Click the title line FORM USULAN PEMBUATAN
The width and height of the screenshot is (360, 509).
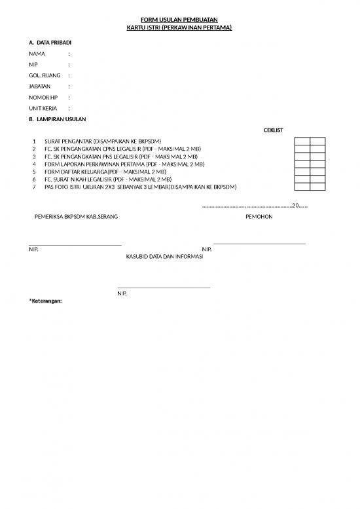[179, 20]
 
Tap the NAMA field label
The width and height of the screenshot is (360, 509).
[37, 54]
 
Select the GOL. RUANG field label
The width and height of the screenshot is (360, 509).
[45, 75]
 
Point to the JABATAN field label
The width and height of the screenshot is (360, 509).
[40, 86]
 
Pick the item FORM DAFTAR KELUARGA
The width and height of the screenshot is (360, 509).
[105, 172]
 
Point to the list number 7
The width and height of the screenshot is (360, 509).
[34, 187]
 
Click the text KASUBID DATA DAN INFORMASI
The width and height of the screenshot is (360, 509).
[164, 257]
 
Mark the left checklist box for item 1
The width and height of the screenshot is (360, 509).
[302, 141]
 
